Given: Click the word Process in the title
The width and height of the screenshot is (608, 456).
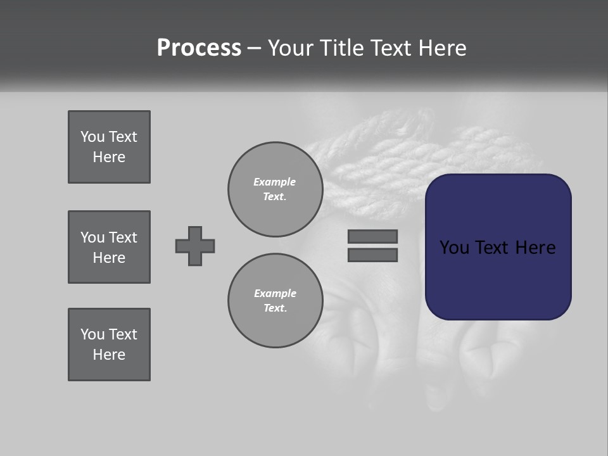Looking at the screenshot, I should [x=199, y=48].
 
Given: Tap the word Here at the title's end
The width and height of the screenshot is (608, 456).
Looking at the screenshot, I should [x=441, y=48].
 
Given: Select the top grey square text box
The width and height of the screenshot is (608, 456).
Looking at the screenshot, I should [x=109, y=147].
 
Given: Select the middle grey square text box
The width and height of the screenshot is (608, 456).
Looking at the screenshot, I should [x=109, y=247].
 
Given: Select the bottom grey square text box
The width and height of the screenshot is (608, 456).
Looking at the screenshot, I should [x=109, y=345].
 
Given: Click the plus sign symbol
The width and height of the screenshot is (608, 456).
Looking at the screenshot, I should [x=195, y=246].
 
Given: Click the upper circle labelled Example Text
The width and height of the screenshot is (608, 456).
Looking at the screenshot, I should [x=275, y=189].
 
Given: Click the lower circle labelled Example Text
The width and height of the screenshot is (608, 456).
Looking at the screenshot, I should [x=275, y=301].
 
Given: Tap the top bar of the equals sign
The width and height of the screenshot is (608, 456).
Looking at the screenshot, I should [x=372, y=236].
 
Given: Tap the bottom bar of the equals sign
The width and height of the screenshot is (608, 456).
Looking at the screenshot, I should [x=372, y=255].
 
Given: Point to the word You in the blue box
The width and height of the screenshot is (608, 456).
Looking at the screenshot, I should [x=454, y=248].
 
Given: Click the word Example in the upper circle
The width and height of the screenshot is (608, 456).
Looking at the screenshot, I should [x=274, y=182].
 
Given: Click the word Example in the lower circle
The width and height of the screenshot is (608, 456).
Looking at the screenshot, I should [x=275, y=293].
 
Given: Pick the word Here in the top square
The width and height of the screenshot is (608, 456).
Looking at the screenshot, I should [x=109, y=157].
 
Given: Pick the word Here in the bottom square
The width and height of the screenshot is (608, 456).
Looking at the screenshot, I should [x=109, y=355].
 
